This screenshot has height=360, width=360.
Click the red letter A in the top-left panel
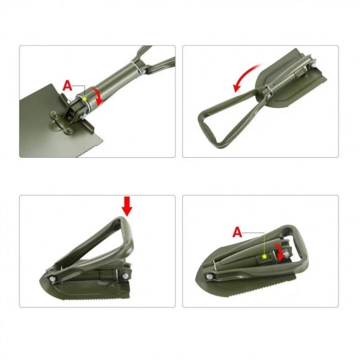[67, 86]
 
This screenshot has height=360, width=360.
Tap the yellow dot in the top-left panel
[84, 98]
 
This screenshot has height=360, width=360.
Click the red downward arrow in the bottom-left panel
[127, 207]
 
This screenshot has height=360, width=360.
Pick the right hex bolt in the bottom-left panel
[125, 278]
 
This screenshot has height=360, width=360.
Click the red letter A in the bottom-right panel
[237, 232]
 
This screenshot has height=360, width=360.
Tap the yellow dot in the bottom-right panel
[264, 256]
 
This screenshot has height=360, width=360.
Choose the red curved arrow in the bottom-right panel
[279, 252]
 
